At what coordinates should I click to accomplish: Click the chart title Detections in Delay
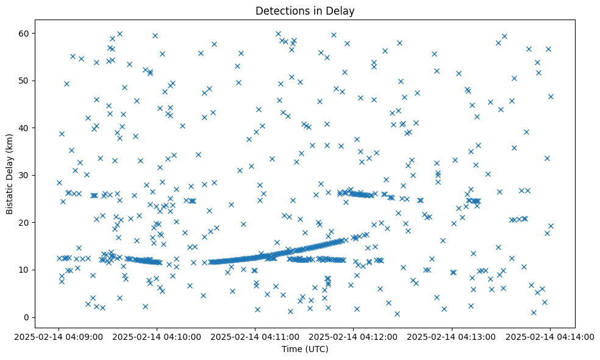[305, 10]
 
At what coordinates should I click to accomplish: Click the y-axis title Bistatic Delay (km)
[10, 166]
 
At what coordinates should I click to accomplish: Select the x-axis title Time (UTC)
[305, 349]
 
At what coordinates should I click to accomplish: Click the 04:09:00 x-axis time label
[59, 336]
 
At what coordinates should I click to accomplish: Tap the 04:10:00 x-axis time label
[157, 336]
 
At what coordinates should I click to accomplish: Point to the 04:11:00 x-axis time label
[255, 336]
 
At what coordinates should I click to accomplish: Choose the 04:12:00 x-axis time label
[354, 336]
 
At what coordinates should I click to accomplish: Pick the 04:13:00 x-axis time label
[452, 336]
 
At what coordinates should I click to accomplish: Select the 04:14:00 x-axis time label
[550, 336]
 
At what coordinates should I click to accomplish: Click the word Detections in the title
[282, 10]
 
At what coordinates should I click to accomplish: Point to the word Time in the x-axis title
[291, 349]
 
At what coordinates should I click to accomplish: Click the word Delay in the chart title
[341, 10]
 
